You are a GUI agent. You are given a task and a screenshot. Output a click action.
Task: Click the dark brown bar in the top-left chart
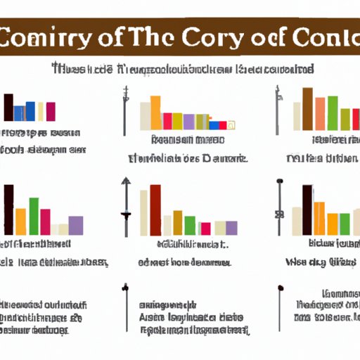8,107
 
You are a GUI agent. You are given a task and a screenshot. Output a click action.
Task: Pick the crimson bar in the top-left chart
51,112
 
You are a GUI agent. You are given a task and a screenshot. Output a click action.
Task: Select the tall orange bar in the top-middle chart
155,112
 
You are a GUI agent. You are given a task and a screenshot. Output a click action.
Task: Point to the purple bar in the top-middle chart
188,122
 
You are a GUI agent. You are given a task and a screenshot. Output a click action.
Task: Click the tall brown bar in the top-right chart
307,109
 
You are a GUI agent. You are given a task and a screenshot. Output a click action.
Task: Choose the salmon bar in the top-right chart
321,113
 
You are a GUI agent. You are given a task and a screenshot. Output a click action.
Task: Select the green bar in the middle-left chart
33,216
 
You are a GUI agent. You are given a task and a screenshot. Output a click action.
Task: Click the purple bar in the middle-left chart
76,225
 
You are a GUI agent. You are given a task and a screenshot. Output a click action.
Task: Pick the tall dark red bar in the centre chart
155,210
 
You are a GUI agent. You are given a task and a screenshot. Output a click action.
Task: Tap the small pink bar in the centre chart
205,229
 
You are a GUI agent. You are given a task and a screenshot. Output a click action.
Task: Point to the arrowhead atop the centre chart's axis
126,181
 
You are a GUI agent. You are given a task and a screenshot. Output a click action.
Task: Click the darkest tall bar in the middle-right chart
307,210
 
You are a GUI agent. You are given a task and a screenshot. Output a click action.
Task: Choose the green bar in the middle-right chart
344,224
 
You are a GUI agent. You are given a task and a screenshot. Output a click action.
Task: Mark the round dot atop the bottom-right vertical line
281,288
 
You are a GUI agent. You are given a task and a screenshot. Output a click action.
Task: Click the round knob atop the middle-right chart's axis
280,182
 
